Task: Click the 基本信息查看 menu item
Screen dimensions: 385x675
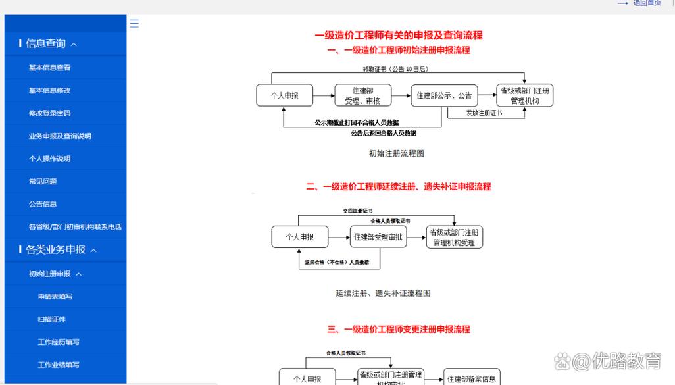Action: (x=49, y=68)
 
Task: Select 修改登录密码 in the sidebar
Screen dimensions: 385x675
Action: (x=49, y=113)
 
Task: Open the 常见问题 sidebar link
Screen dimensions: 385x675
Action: (x=43, y=181)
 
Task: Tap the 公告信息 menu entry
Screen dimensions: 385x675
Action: (x=43, y=204)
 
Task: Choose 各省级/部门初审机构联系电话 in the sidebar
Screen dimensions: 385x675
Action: (x=75, y=227)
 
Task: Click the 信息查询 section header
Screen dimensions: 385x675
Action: (x=47, y=44)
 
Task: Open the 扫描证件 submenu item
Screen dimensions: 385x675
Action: (x=52, y=319)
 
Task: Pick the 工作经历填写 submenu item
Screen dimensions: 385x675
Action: (x=59, y=342)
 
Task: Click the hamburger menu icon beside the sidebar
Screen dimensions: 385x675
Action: (x=134, y=24)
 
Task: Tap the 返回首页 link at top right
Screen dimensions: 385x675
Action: (x=647, y=3)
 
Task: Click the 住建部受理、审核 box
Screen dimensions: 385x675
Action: (x=362, y=95)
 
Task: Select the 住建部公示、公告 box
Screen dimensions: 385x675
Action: (x=444, y=95)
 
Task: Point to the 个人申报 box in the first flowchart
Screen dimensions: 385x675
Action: (x=284, y=95)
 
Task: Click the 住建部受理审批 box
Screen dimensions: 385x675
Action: (x=378, y=237)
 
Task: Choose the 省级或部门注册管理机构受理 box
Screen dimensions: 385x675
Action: (x=454, y=237)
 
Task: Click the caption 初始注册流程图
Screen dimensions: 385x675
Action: (x=397, y=153)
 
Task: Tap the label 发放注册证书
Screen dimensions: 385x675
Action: (x=484, y=113)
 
